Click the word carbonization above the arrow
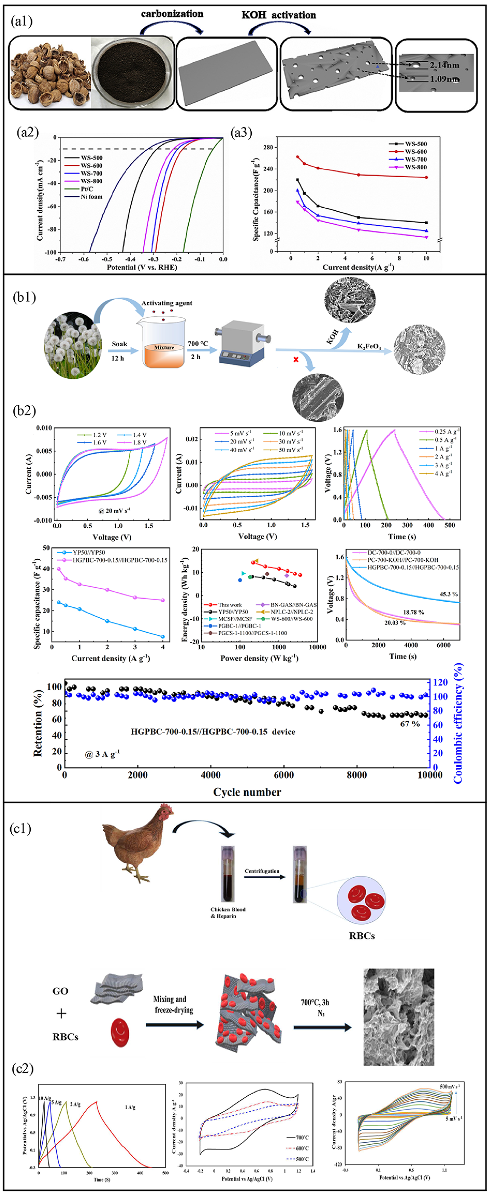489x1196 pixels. (172, 14)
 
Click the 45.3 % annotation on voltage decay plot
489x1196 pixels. (449, 594)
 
